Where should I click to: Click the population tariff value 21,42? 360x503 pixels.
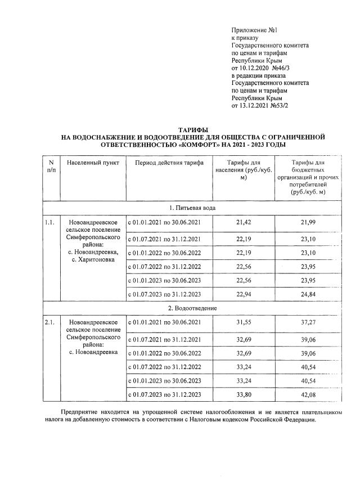pyautogui.click(x=244, y=223)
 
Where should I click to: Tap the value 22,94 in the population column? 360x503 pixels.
pyautogui.click(x=244, y=294)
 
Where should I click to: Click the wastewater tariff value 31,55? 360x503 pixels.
pyautogui.click(x=244, y=323)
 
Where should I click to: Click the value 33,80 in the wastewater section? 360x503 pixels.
pyautogui.click(x=244, y=394)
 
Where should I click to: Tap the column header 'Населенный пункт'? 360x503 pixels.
pyautogui.click(x=92, y=163)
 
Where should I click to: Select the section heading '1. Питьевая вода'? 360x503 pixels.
pyautogui.click(x=192, y=208)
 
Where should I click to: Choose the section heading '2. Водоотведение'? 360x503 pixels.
pyautogui.click(x=192, y=308)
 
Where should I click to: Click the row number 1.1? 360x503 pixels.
pyautogui.click(x=49, y=223)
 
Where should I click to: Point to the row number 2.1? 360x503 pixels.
pyautogui.click(x=49, y=323)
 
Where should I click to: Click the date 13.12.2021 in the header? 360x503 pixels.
pyautogui.click(x=254, y=105)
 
